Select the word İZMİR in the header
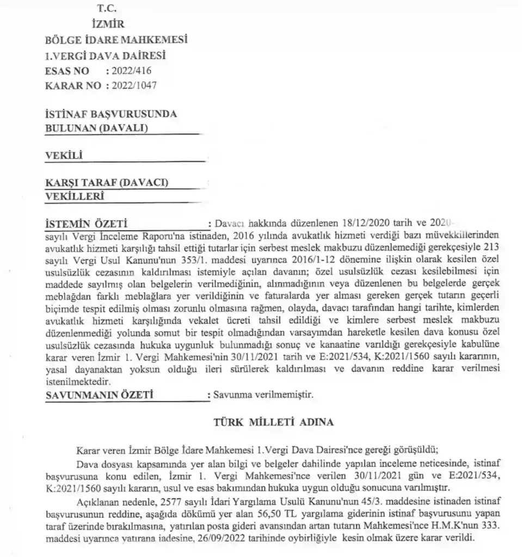point(109,24)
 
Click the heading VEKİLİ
point(63,156)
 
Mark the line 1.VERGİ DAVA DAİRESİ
point(105,55)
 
